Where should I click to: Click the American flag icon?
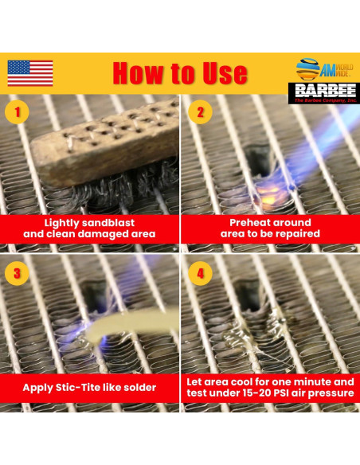(x=30, y=73)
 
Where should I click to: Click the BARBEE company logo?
(x=322, y=93)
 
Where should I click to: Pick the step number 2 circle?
(x=200, y=112)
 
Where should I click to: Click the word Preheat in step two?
(x=252, y=222)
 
